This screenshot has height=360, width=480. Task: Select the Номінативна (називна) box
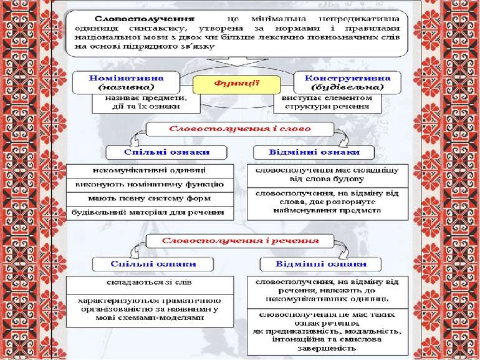click(127, 82)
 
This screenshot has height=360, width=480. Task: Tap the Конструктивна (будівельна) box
click(342, 82)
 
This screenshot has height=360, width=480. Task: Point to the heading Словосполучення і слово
click(240, 129)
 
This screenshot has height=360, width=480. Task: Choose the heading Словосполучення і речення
click(240, 240)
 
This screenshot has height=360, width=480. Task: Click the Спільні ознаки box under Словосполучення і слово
click(157, 152)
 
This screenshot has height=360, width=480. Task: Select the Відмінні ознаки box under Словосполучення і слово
click(313, 152)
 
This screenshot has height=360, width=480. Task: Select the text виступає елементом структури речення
click(325, 102)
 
